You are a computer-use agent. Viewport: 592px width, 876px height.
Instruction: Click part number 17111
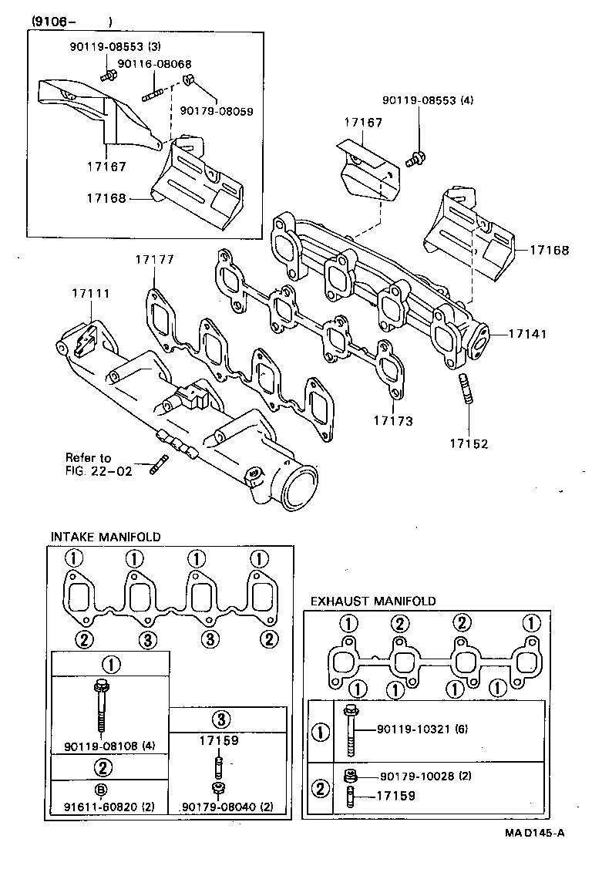coord(91,294)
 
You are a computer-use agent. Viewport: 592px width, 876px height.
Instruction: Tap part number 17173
coord(393,421)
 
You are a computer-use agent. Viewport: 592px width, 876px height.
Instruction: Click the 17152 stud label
coord(469,444)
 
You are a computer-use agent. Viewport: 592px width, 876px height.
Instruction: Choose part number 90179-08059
coord(217,110)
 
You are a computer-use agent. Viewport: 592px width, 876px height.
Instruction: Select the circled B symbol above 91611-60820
coord(100,789)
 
